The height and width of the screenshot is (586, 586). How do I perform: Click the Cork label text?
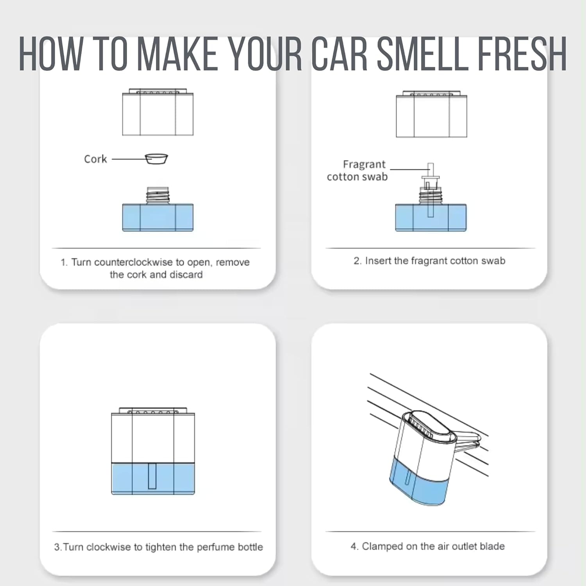95,159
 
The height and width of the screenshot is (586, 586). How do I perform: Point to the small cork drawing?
156,159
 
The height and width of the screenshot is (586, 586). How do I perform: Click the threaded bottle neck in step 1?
158,195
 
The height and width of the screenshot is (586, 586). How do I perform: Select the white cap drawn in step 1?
158,112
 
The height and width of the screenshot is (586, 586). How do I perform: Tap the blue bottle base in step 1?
158,217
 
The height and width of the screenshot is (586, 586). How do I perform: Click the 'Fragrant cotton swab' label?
357,170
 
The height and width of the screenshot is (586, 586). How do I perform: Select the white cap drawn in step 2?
432,114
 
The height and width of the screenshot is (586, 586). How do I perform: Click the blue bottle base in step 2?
431,218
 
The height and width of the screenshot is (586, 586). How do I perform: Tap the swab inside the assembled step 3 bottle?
152,476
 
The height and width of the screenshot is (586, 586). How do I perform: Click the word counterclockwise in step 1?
133,262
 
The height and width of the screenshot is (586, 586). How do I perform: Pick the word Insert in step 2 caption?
378,261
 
